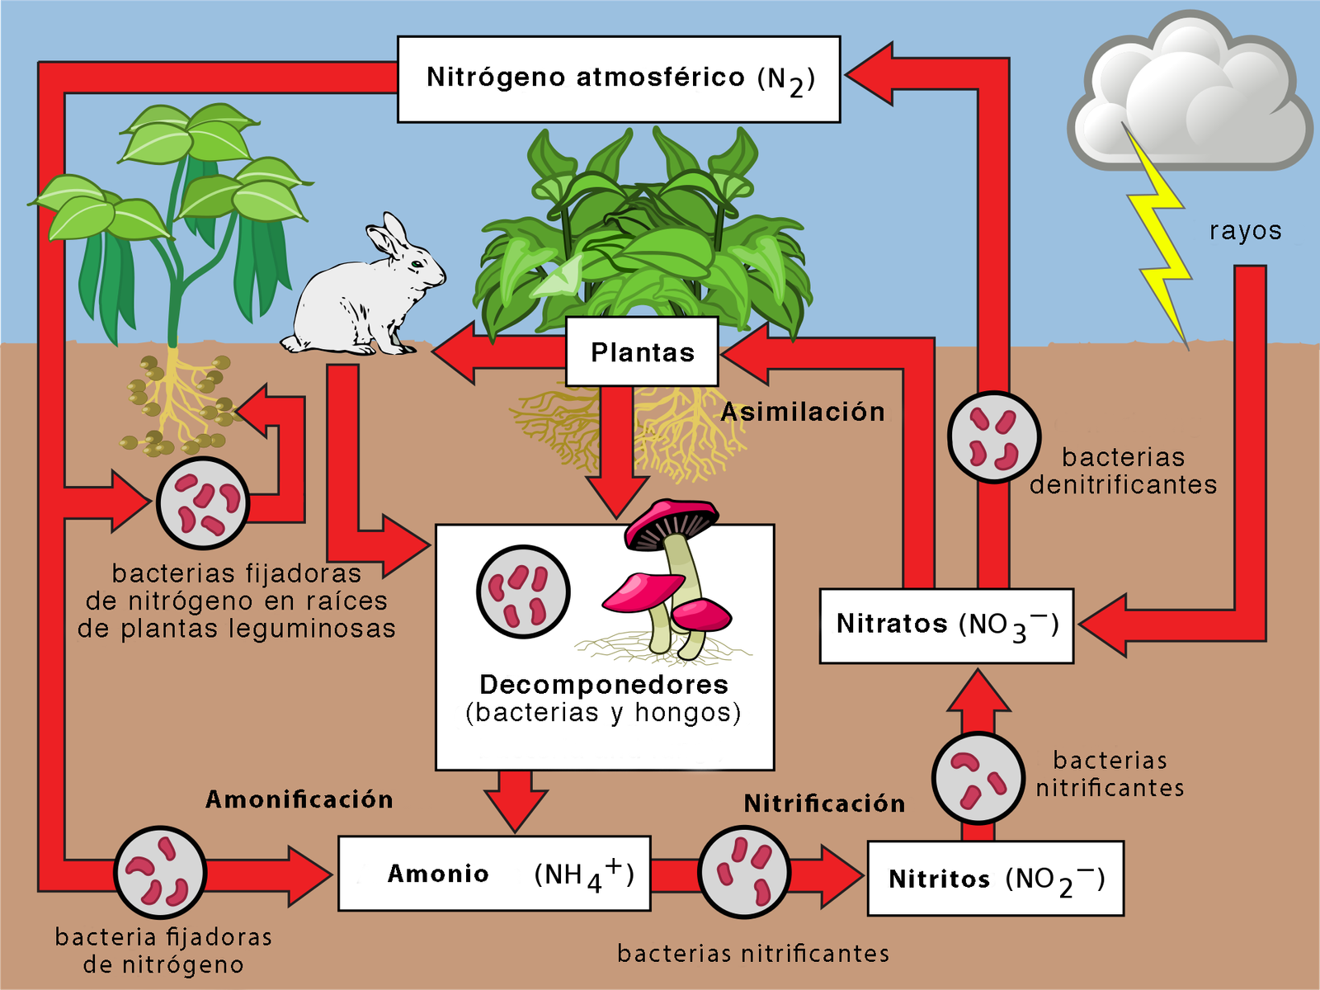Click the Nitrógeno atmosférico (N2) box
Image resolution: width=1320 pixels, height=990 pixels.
(x=619, y=79)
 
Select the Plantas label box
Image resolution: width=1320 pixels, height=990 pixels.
(x=642, y=352)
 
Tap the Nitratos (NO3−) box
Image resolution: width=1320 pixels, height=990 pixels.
(x=946, y=625)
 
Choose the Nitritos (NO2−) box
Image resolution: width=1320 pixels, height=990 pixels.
(x=995, y=879)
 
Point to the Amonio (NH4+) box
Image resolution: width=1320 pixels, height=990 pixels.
(x=494, y=874)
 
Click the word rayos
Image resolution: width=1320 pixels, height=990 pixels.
(x=1245, y=231)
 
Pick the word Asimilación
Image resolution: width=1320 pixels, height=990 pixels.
(x=803, y=412)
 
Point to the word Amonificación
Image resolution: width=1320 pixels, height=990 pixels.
(x=299, y=799)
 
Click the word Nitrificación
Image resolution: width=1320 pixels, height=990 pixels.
(x=824, y=804)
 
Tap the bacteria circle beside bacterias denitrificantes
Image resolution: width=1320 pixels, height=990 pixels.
(x=993, y=436)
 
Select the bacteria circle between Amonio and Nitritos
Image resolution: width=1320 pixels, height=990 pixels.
(x=744, y=872)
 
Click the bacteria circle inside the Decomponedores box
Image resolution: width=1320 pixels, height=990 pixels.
(x=523, y=592)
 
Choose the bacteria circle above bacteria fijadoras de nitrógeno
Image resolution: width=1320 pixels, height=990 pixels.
(x=159, y=872)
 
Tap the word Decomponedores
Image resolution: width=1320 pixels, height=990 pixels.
(x=604, y=685)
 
